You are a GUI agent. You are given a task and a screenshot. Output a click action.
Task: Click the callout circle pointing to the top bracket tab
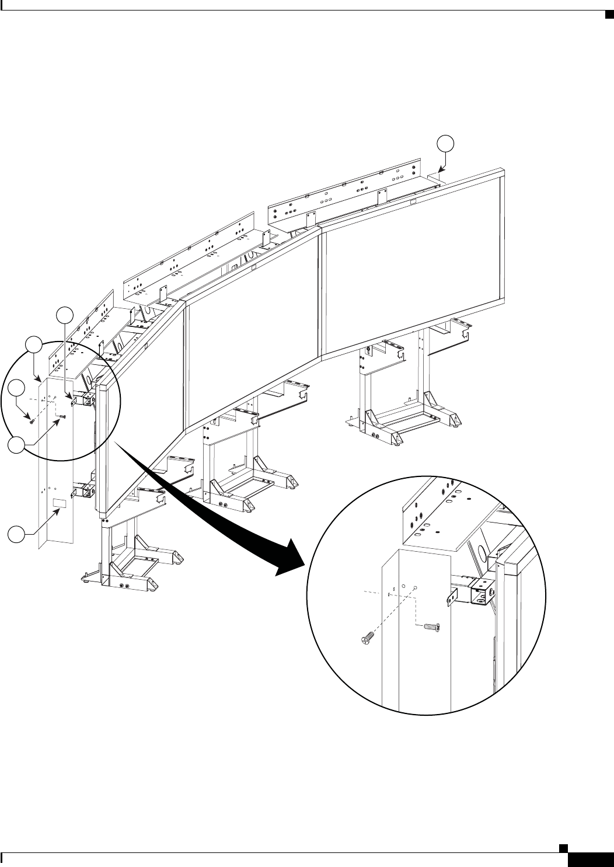coord(64,315)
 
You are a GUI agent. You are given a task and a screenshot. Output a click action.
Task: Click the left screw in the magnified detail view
coord(363,641)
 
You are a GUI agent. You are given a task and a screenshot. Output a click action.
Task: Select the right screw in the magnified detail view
coord(431,627)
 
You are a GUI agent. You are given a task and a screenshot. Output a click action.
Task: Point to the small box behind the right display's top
coord(437,176)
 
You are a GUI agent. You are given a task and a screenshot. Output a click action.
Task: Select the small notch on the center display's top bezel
coord(254,267)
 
